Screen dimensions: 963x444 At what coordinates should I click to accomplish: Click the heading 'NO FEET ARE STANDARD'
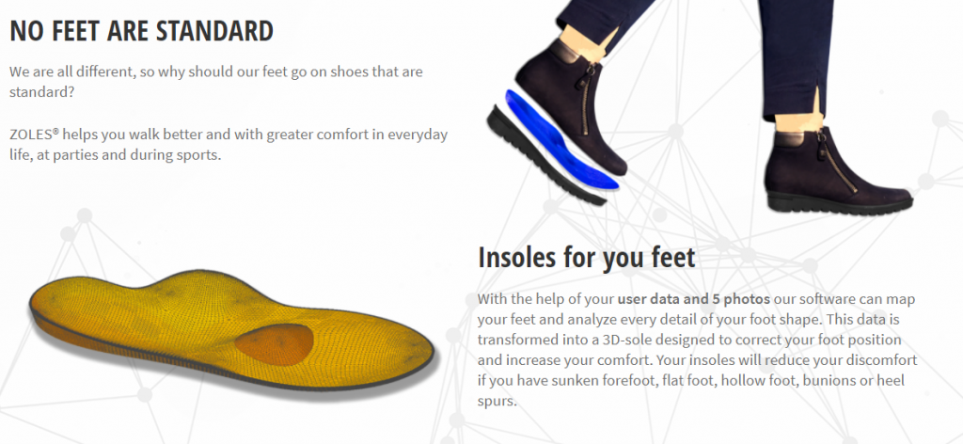[x=141, y=31]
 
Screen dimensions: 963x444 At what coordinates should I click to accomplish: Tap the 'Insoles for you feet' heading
[x=587, y=257]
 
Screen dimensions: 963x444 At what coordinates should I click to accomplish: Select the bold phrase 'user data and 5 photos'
[x=693, y=300]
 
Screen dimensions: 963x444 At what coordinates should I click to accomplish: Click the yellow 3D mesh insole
[x=231, y=328]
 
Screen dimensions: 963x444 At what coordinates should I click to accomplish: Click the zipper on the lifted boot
[x=584, y=98]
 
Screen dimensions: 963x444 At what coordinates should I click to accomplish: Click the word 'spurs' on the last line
[x=497, y=402]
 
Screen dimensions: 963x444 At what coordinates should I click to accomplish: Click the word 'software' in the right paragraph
[x=828, y=300]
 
